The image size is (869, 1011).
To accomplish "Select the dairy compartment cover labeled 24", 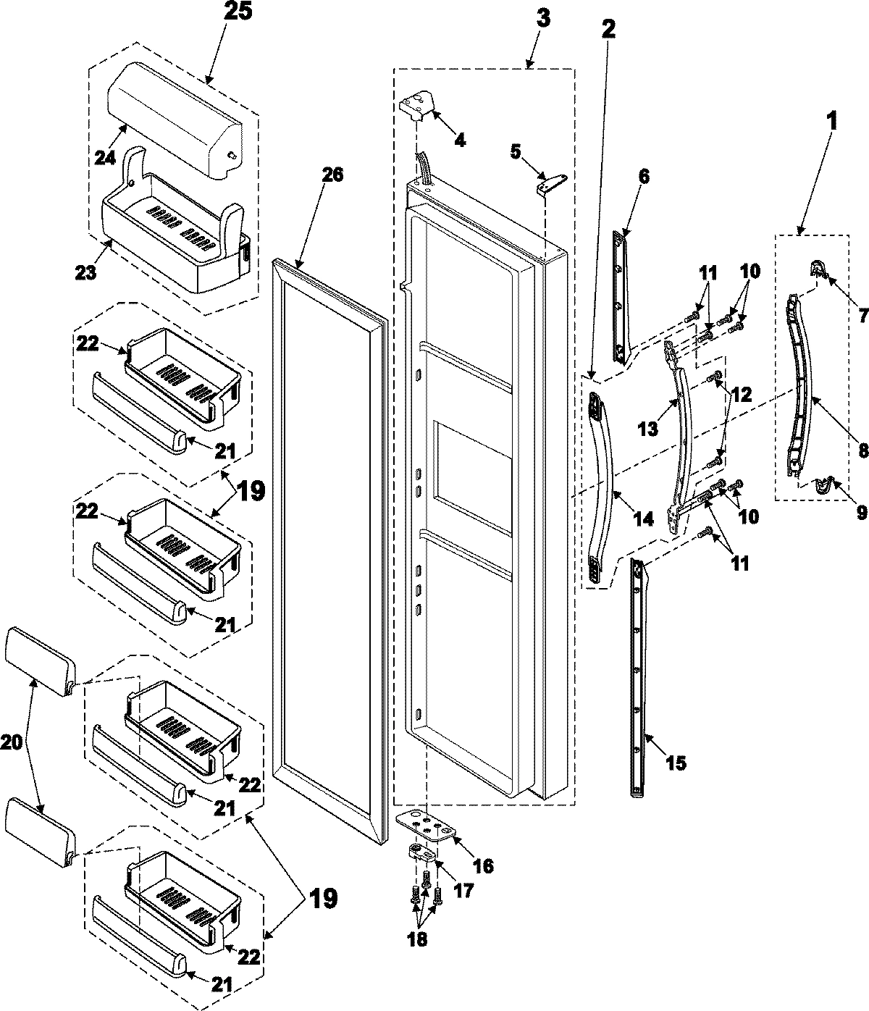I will pyautogui.click(x=174, y=116).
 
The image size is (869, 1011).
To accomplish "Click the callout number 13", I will pyautogui.click(x=649, y=429).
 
